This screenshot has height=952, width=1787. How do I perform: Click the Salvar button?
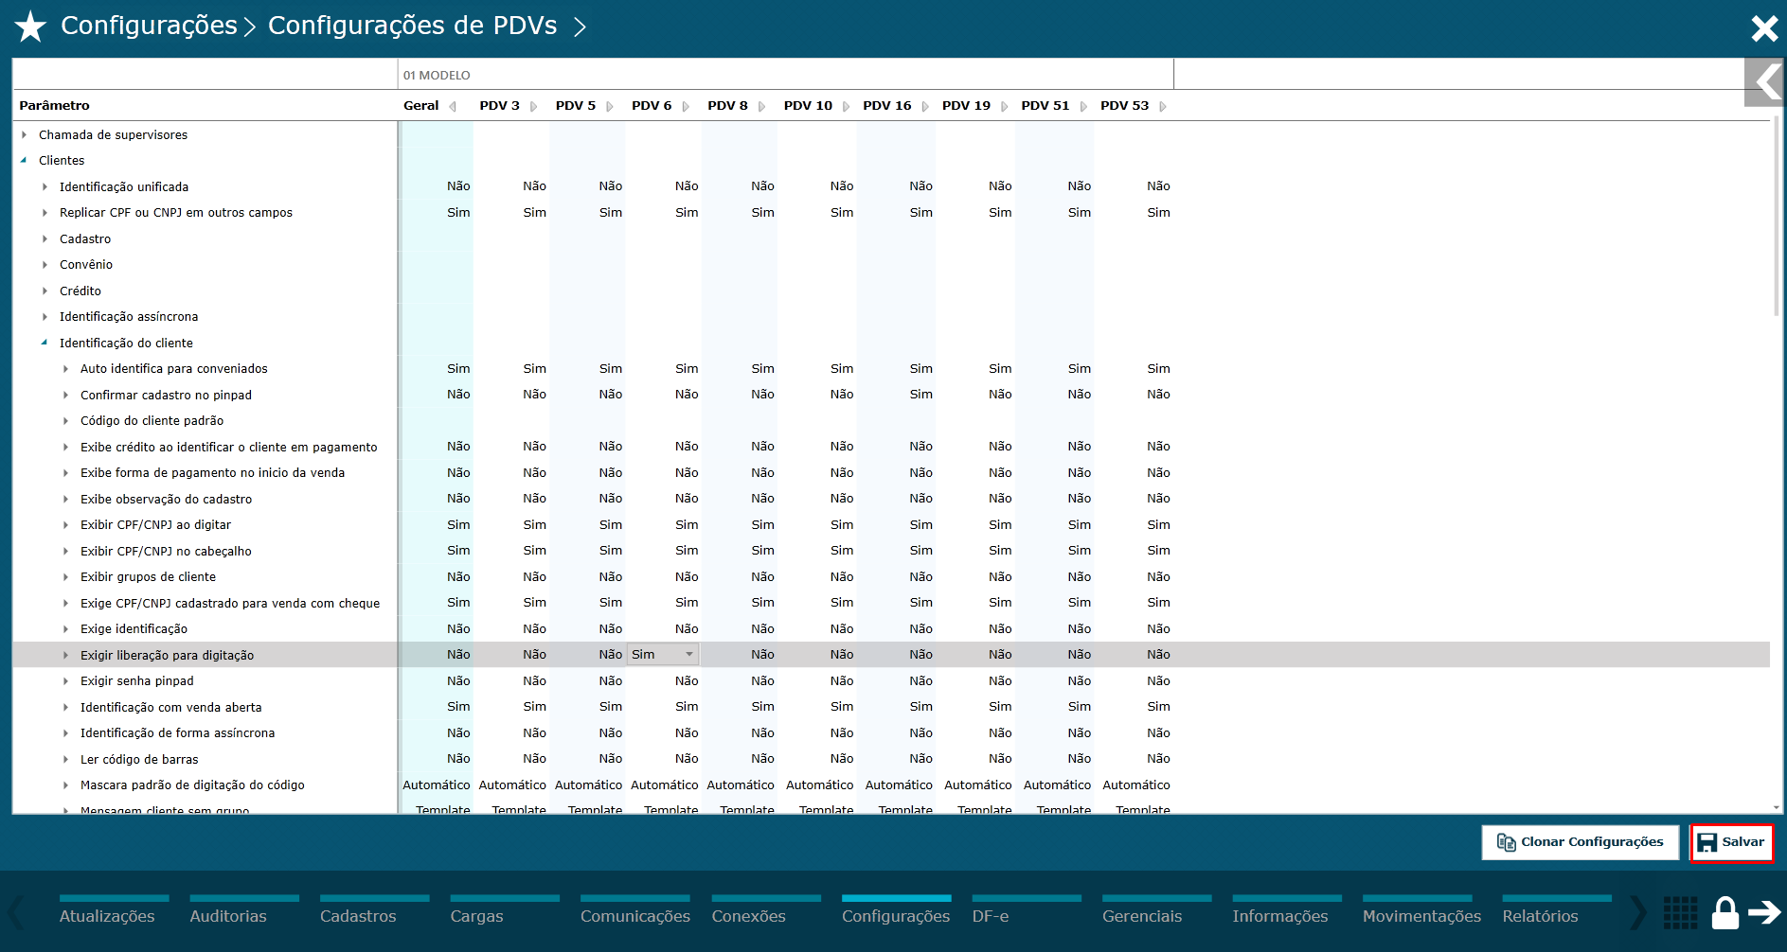tap(1731, 842)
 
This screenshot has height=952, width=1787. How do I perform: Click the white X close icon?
tap(1764, 28)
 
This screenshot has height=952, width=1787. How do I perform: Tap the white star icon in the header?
tap(30, 26)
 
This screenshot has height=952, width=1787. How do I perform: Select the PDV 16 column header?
tap(886, 106)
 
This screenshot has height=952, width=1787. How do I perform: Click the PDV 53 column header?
tap(1124, 106)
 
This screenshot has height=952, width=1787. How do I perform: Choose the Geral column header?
tap(421, 106)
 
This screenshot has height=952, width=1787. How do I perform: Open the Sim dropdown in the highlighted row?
tap(663, 655)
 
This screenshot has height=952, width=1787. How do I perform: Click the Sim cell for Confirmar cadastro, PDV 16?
tap(920, 395)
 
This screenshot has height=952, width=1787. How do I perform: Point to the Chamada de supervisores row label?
tap(113, 135)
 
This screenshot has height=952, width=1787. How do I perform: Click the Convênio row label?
tap(86, 265)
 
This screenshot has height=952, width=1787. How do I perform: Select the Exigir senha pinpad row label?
tap(136, 681)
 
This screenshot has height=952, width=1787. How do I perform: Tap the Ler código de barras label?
tap(139, 760)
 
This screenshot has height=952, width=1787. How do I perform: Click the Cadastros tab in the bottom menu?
tap(358, 916)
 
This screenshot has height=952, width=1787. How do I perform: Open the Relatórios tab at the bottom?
tap(1540, 916)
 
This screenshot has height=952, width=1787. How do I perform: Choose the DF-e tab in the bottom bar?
tap(991, 916)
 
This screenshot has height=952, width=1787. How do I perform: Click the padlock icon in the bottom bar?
tap(1724, 913)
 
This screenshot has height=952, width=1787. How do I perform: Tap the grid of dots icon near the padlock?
tap(1680, 913)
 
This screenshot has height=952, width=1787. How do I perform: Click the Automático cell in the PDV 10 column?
tap(819, 785)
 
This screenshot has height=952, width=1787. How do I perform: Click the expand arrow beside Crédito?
tap(45, 291)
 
